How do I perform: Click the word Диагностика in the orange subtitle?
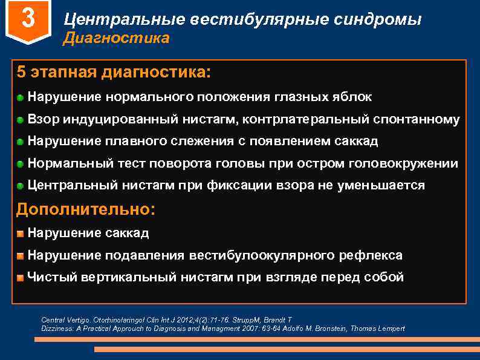(x=117, y=39)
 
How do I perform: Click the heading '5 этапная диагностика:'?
(x=114, y=73)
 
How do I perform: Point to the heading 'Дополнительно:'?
(x=86, y=209)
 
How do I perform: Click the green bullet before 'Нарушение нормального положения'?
(x=21, y=97)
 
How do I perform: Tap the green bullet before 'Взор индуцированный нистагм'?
(x=21, y=119)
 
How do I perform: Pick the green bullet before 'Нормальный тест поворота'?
(x=21, y=164)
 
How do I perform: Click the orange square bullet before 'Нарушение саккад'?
(x=21, y=233)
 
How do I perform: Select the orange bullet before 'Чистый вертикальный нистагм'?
(x=21, y=278)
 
